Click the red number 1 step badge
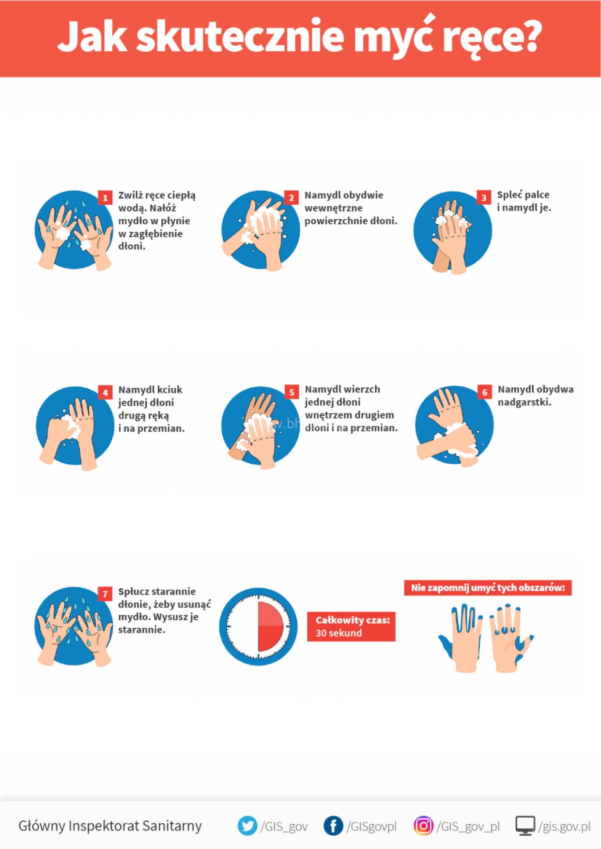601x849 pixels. [105, 197]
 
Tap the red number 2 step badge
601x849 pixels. [291, 197]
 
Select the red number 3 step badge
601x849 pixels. [484, 197]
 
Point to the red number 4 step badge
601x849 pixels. [105, 392]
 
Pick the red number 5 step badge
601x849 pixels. [292, 392]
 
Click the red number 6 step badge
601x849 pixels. [485, 392]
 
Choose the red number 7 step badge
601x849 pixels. [105, 594]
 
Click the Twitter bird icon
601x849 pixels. [247, 826]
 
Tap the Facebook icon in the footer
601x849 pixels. [333, 826]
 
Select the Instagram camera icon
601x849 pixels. [423, 826]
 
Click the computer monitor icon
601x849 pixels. [525, 826]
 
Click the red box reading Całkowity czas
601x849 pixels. [351, 627]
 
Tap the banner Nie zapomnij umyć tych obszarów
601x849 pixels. [488, 588]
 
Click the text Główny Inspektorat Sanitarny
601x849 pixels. [110, 826]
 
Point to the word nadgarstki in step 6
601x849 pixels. [524, 402]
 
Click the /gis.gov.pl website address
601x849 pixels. [564, 826]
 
